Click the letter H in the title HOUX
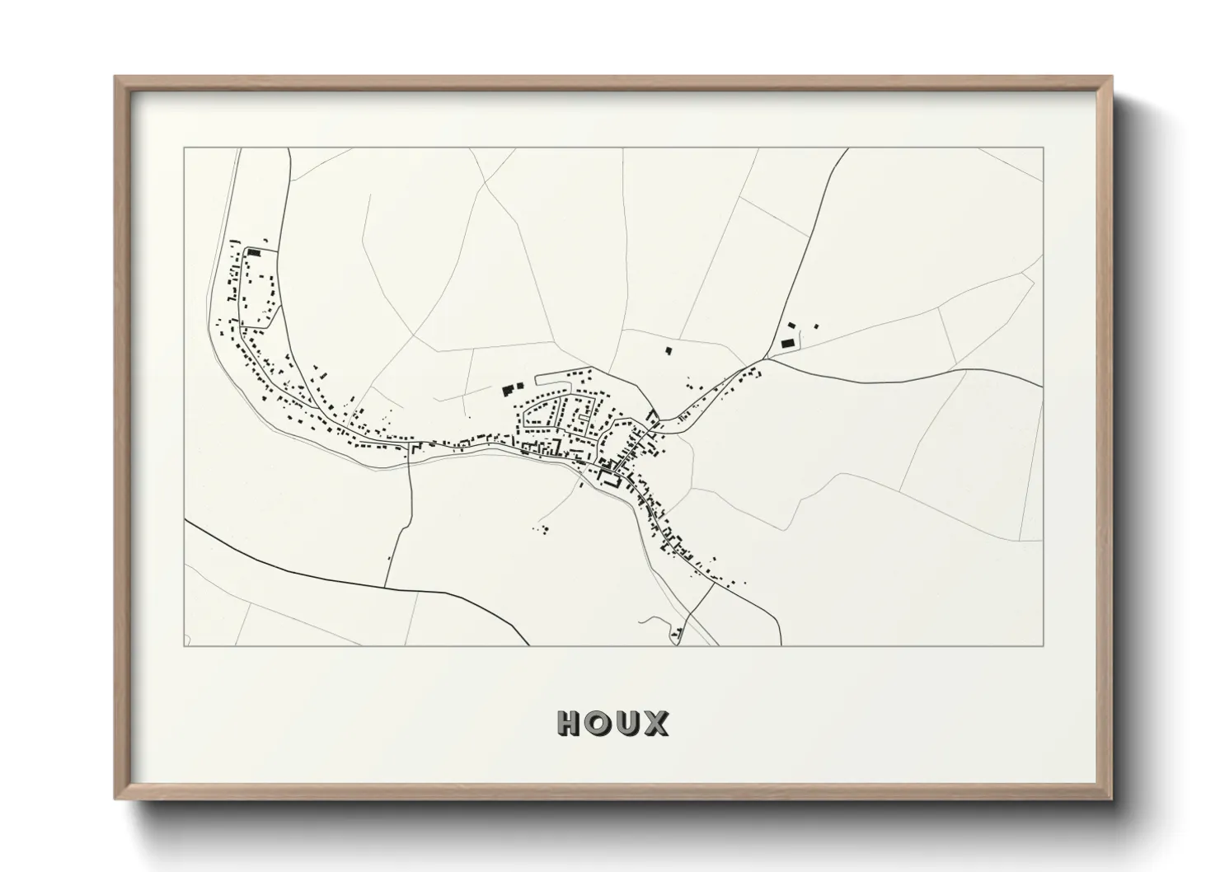tap(570, 723)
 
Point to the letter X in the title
tap(656, 723)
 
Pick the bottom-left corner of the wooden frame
tap(115, 799)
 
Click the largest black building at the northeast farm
tap(786, 342)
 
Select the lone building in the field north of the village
tap(669, 351)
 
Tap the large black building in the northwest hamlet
tap(254, 252)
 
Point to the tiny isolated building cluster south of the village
tap(543, 528)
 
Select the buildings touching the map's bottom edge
tap(678, 635)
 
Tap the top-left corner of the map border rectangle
tap(184, 148)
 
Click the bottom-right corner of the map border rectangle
tap(1043, 646)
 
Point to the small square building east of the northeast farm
tap(817, 326)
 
